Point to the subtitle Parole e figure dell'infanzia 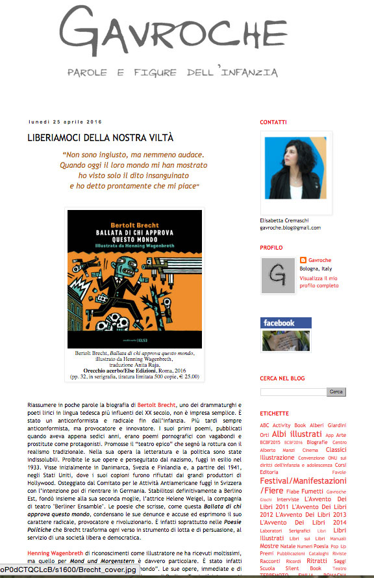pyautogui.click(x=173, y=72)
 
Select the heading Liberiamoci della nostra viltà pyautogui.click(x=100, y=138)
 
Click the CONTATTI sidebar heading pyautogui.click(x=273, y=122)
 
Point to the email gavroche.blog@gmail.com pyautogui.click(x=290, y=228)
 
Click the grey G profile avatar pyautogui.click(x=279, y=275)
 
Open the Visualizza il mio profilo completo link pyautogui.click(x=319, y=282)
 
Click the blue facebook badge pyautogui.click(x=286, y=322)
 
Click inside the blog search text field pyautogui.click(x=292, y=392)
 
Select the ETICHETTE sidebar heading pyautogui.click(x=274, y=413)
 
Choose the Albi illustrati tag pyautogui.click(x=297, y=434)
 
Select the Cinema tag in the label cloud pyautogui.click(x=310, y=450)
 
